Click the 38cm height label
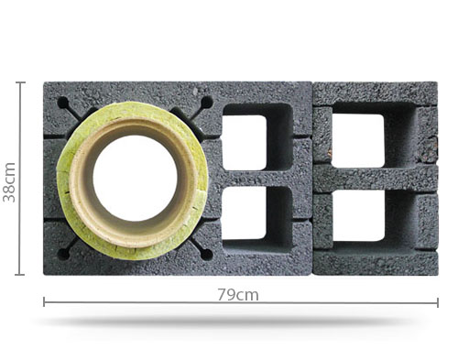(8, 182)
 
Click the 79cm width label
(238, 295)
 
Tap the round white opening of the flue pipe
(135, 178)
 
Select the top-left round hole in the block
(63, 103)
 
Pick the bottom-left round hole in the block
(63, 254)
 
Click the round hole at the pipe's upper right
(206, 103)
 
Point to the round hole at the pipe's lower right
(206, 254)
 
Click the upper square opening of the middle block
(245, 142)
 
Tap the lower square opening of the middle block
(245, 213)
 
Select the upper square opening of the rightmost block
(357, 141)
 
